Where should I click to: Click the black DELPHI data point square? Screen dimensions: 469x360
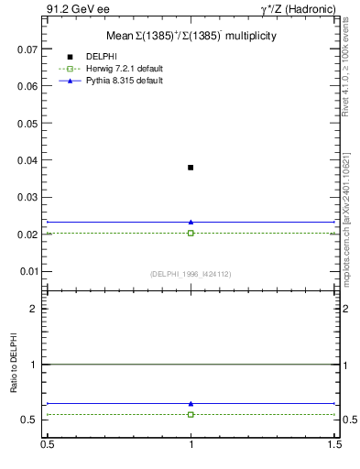click(x=191, y=168)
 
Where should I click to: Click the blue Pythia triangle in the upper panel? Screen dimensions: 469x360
click(x=191, y=222)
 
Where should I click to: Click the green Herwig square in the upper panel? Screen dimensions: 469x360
click(x=191, y=233)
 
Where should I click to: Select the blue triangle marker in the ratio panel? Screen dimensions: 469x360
click(x=191, y=403)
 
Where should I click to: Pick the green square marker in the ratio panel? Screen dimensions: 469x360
click(x=191, y=414)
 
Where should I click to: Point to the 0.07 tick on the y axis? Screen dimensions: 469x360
click(x=29, y=49)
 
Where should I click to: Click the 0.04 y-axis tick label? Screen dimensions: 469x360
click(x=29, y=160)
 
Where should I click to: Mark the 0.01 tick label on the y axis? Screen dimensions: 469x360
click(x=29, y=271)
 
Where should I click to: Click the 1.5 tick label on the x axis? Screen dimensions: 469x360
click(x=336, y=444)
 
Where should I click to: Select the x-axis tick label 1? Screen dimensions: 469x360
click(x=191, y=444)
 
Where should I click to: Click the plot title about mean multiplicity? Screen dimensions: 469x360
click(x=191, y=35)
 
